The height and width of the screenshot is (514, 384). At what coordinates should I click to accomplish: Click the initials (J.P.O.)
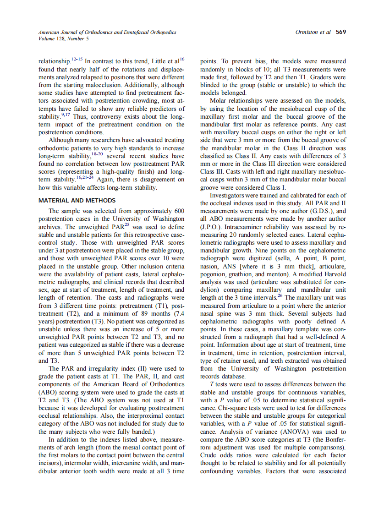[x=210, y=226]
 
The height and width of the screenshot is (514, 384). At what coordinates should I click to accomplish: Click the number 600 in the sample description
[x=179, y=211]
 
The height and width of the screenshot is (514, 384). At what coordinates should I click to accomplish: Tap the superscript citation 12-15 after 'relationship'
[x=77, y=59]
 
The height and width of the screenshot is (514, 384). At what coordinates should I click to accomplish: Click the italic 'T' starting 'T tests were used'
[x=211, y=384]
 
